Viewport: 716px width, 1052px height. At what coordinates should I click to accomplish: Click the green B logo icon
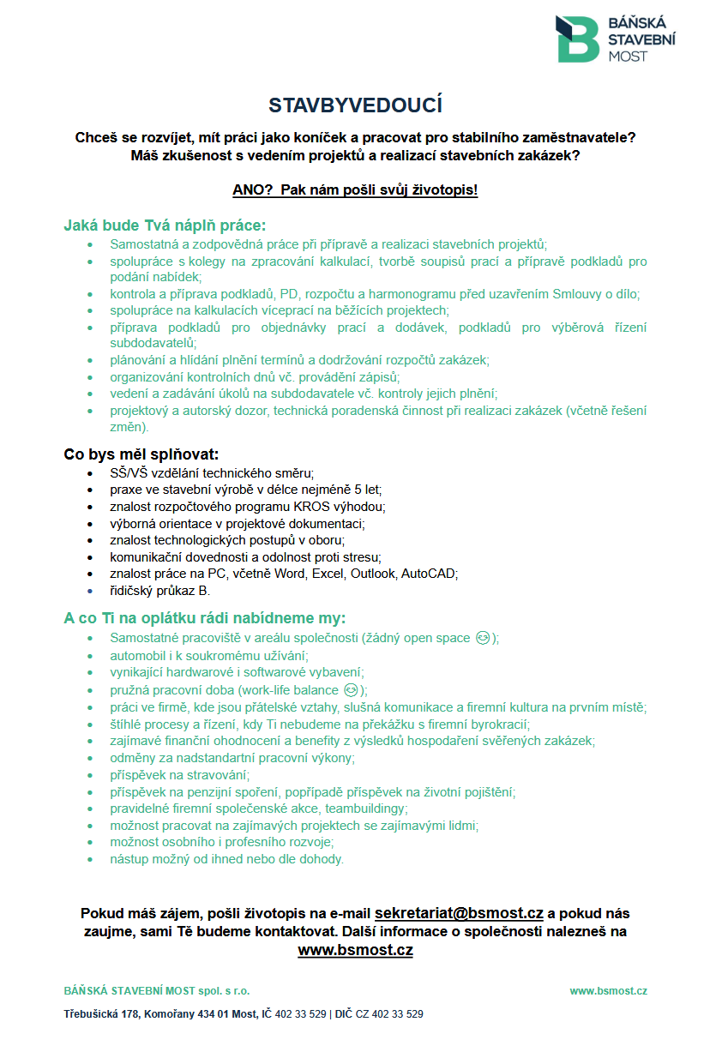tap(577, 39)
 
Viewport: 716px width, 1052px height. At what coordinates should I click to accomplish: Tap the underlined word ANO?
tap(251, 189)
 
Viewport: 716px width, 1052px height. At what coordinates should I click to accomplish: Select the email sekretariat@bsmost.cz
tap(459, 914)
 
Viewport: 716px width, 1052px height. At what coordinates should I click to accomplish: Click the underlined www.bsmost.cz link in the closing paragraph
tap(355, 950)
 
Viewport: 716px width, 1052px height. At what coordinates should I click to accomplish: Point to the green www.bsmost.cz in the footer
tap(608, 991)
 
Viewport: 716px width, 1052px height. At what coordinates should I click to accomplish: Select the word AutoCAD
tap(429, 574)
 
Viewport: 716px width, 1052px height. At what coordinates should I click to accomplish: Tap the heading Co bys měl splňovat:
tap(141, 454)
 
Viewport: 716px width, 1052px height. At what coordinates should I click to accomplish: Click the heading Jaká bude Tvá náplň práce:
tap(165, 225)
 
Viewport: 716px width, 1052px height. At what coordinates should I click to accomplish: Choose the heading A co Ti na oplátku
tap(205, 618)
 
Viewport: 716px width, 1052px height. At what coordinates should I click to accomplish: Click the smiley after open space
tap(484, 638)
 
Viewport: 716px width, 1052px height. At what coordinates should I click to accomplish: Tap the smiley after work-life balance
tap(350, 689)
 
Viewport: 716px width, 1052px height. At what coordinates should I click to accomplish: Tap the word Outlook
tap(374, 574)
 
